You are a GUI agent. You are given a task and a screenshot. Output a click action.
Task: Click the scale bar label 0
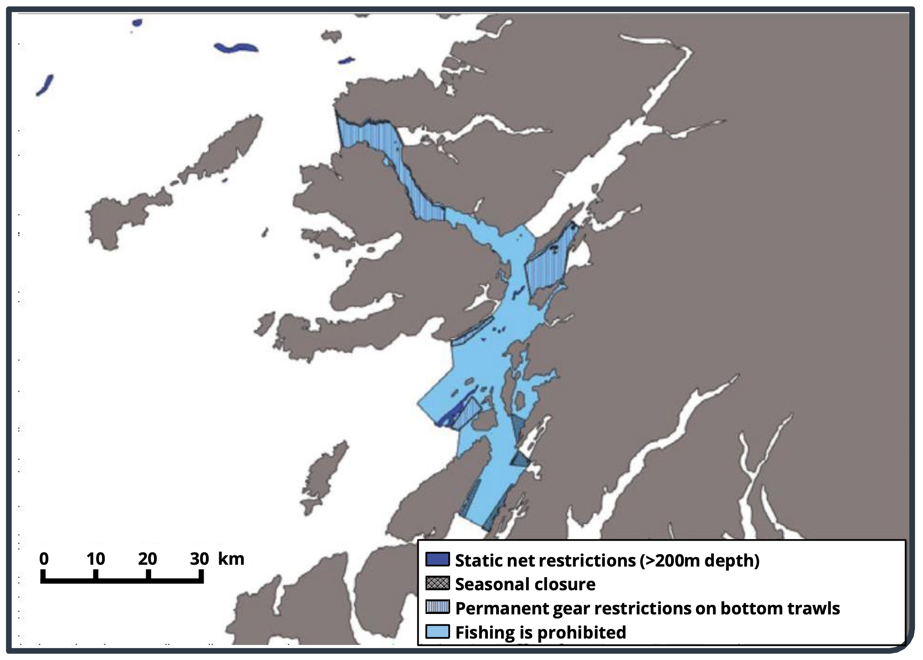[x=44, y=558]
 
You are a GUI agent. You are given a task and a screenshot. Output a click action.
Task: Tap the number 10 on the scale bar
[x=96, y=558]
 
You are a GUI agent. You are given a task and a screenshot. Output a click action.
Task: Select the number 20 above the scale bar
[x=148, y=558]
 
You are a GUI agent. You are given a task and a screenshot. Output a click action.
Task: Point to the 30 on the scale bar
[x=199, y=558]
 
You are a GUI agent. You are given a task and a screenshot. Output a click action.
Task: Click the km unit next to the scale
[x=231, y=558]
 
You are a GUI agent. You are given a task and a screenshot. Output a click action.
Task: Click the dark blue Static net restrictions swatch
[x=437, y=559]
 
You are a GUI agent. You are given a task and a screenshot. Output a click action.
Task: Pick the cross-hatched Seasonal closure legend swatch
[x=437, y=583]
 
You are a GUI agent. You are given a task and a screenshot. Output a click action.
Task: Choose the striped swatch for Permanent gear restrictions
[x=437, y=607]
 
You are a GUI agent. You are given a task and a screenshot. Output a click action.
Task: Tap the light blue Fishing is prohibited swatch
[x=437, y=631]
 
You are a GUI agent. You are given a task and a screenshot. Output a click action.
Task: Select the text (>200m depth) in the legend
[x=699, y=560]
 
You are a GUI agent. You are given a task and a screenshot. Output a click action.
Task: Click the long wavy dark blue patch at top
[x=236, y=47]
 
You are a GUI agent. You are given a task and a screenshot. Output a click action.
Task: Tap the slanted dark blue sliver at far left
[x=45, y=85]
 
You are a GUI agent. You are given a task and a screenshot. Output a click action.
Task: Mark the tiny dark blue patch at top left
[x=137, y=22]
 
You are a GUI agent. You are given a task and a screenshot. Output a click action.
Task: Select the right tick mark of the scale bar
[x=201, y=575]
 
